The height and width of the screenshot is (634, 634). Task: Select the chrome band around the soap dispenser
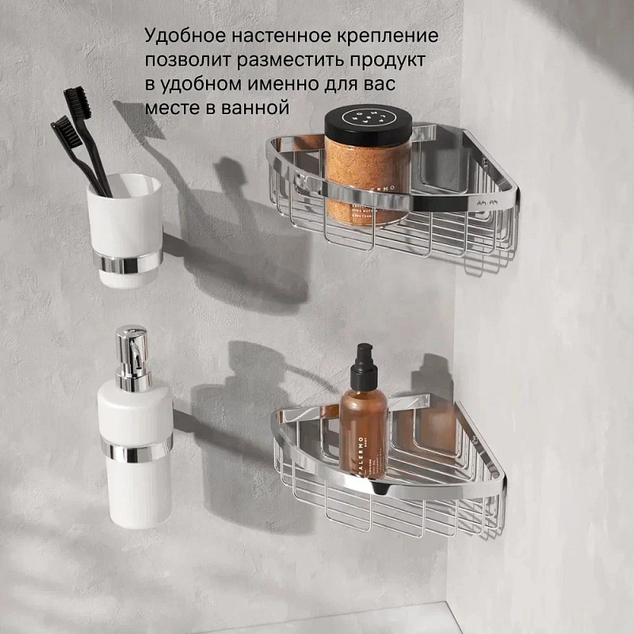[x=136, y=451]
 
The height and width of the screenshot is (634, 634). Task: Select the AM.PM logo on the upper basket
[x=486, y=204]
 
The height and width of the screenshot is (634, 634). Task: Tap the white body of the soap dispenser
[x=135, y=491]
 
